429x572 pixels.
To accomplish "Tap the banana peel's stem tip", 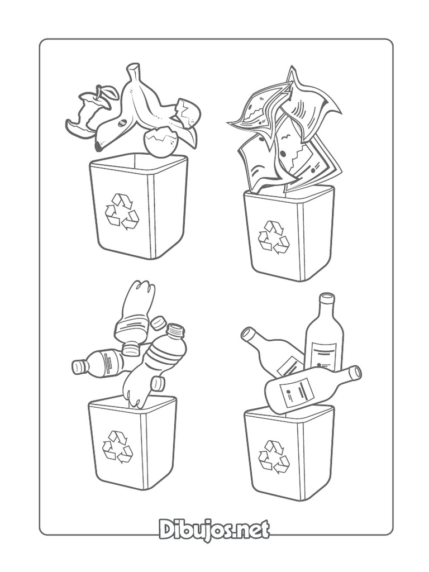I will [x=132, y=69].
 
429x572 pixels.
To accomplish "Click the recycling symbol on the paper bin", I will [x=274, y=237].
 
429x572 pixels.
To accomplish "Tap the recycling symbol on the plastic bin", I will [x=117, y=447].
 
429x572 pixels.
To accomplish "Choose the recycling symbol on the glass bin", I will [x=274, y=457].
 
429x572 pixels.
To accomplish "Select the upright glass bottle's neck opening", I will [x=327, y=298].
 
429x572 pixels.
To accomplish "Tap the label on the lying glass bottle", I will [x=295, y=393].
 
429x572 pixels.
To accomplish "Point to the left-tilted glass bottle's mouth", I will [x=246, y=333].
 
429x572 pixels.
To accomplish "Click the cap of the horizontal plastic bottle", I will [x=78, y=366].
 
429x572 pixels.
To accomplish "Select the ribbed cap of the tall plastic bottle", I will [x=175, y=331].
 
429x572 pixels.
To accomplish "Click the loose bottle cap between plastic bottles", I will [x=159, y=323].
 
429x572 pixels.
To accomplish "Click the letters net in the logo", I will [x=251, y=530].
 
